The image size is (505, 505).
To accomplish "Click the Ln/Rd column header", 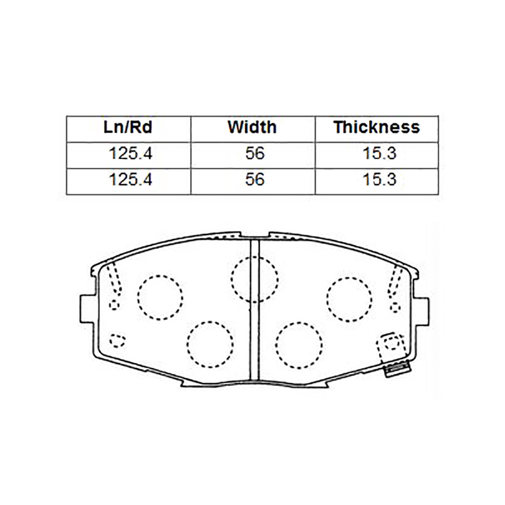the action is click(128, 128).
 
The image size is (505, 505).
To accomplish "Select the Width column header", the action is click(252, 128).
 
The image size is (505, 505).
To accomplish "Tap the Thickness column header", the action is click(377, 128).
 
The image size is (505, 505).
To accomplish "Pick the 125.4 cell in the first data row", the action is click(130, 153).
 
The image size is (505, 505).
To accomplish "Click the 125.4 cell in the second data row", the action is click(130, 180).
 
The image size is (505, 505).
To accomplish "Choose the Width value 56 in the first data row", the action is click(255, 153).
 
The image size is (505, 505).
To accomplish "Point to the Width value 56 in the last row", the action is click(255, 180).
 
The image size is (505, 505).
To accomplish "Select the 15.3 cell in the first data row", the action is click(379, 153).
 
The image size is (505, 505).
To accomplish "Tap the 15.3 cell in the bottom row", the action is click(379, 180).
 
